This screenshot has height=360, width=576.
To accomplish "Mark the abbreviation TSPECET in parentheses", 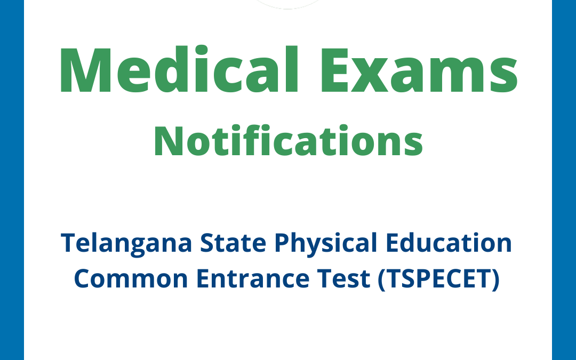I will pyautogui.click(x=438, y=279).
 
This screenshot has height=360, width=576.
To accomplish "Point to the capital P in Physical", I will pyautogui.click(x=282, y=244).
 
